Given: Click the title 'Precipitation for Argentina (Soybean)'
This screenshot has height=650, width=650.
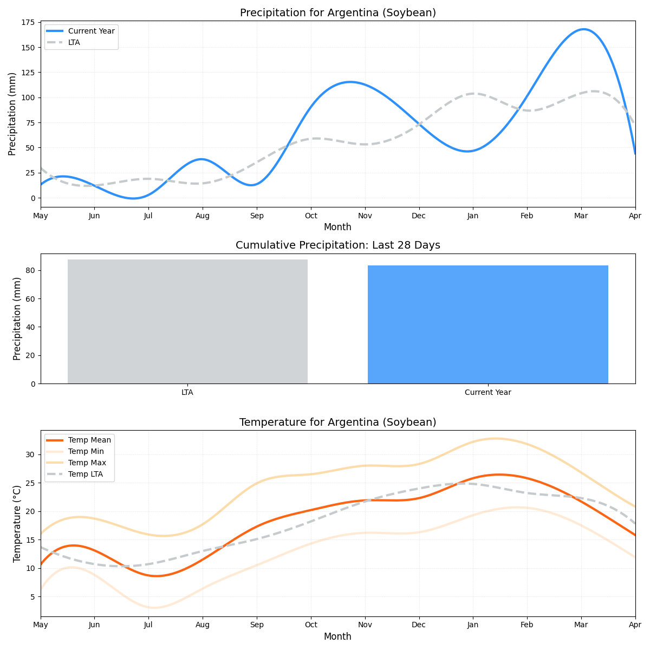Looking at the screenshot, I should [337, 13].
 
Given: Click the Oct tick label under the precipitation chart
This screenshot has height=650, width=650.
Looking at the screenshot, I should [311, 216].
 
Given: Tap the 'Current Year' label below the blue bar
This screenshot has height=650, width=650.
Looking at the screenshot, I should [487, 393].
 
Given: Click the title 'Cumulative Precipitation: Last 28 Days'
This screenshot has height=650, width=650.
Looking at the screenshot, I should [337, 245].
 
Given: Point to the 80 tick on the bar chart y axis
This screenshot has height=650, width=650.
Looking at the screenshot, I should [30, 271].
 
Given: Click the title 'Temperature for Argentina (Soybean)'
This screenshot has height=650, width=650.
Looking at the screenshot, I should [337, 422].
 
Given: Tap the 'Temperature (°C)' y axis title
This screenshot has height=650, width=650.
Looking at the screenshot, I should [17, 523].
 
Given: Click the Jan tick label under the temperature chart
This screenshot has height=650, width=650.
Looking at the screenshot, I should [473, 626].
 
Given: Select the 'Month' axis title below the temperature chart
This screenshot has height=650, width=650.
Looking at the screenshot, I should [337, 637].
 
